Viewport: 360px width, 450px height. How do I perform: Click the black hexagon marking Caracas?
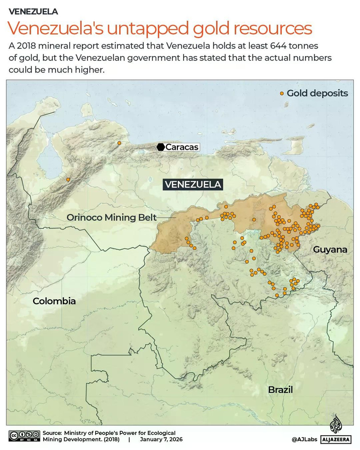point(160,147)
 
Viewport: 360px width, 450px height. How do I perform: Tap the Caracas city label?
point(182,147)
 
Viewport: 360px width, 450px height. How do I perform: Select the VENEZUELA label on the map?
point(193,185)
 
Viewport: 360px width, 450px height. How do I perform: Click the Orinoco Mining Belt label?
point(112,217)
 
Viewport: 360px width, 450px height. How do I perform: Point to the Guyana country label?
point(330,249)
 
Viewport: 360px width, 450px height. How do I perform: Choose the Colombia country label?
point(54,301)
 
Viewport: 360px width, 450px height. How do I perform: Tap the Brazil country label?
point(280,390)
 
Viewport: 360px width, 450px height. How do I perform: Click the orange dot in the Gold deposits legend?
point(282,94)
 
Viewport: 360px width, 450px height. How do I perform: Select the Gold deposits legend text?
point(317,93)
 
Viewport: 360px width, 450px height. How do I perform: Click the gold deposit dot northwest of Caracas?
point(119,143)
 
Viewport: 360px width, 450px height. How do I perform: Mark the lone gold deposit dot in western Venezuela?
point(68,179)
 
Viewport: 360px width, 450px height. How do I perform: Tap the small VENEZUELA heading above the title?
point(33,12)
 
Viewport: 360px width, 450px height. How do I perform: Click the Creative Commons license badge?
point(24,435)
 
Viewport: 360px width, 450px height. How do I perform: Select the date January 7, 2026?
point(161,439)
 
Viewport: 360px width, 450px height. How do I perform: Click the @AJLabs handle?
point(304,439)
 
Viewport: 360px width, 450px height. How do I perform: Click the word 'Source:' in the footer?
point(52,433)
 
